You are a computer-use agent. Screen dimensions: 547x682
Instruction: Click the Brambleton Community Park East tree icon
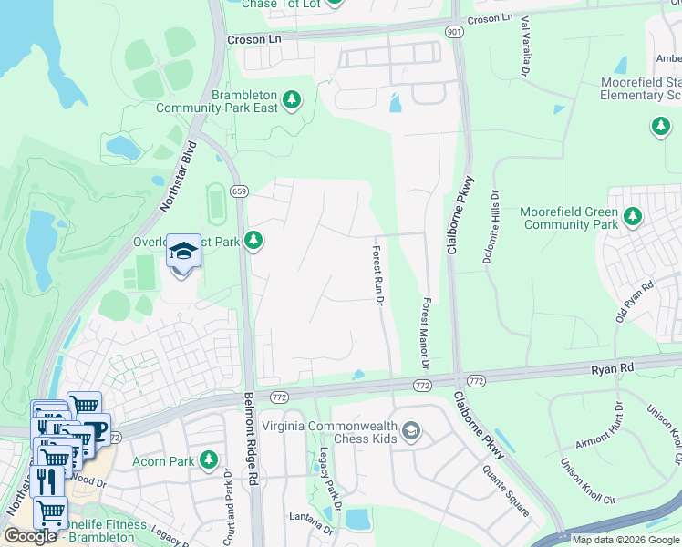point(292,99)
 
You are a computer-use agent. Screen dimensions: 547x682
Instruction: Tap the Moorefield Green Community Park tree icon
point(630,217)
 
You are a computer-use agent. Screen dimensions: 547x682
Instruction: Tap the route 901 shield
point(454,32)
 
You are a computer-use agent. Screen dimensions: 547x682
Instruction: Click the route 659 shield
point(240,191)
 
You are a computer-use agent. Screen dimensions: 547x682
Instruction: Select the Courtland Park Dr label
point(229,497)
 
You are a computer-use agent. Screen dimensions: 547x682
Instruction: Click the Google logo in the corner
point(30,536)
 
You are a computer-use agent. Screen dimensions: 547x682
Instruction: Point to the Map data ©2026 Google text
point(625,540)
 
